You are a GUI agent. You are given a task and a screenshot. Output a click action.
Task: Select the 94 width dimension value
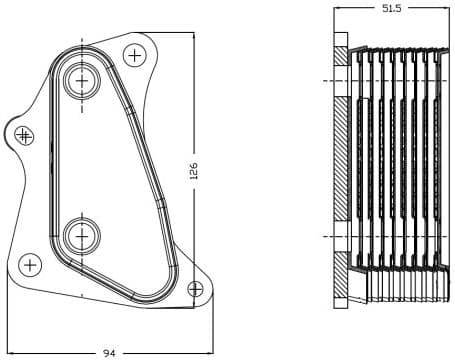point(108,352)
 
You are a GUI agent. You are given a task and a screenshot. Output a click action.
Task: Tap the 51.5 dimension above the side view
point(391,8)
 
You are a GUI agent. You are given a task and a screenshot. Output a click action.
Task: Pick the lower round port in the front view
point(81,236)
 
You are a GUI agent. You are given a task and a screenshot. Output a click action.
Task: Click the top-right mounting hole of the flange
point(134,53)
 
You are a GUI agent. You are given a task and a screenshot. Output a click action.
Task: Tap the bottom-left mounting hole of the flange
point(30,265)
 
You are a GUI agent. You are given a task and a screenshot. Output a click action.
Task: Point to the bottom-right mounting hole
point(195,289)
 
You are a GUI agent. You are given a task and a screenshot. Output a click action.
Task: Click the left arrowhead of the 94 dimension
point(11,351)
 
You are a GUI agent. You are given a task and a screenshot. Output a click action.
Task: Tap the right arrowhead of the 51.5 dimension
point(446,8)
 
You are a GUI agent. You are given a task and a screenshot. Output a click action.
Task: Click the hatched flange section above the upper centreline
point(341,55)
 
